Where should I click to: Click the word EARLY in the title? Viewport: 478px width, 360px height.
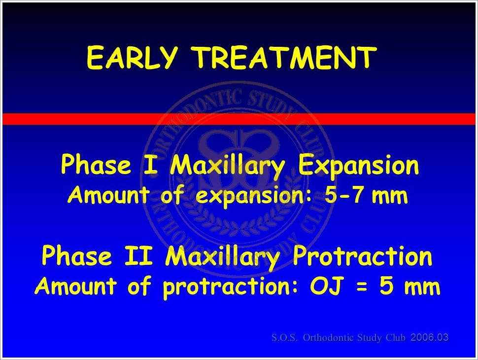click(132, 57)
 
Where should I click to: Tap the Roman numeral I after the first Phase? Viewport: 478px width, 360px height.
click(150, 165)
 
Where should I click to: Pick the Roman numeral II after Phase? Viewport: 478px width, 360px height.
click(138, 255)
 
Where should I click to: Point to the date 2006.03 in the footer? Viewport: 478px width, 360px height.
click(430, 337)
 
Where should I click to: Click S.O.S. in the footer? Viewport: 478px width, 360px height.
click(285, 338)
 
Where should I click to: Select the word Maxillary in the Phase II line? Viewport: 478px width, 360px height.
click(222, 257)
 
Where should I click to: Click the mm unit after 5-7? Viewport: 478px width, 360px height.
click(390, 196)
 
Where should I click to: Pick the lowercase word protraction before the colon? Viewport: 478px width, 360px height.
click(227, 288)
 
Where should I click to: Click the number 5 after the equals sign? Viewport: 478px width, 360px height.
click(386, 286)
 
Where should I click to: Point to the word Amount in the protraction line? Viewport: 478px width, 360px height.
click(75, 286)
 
